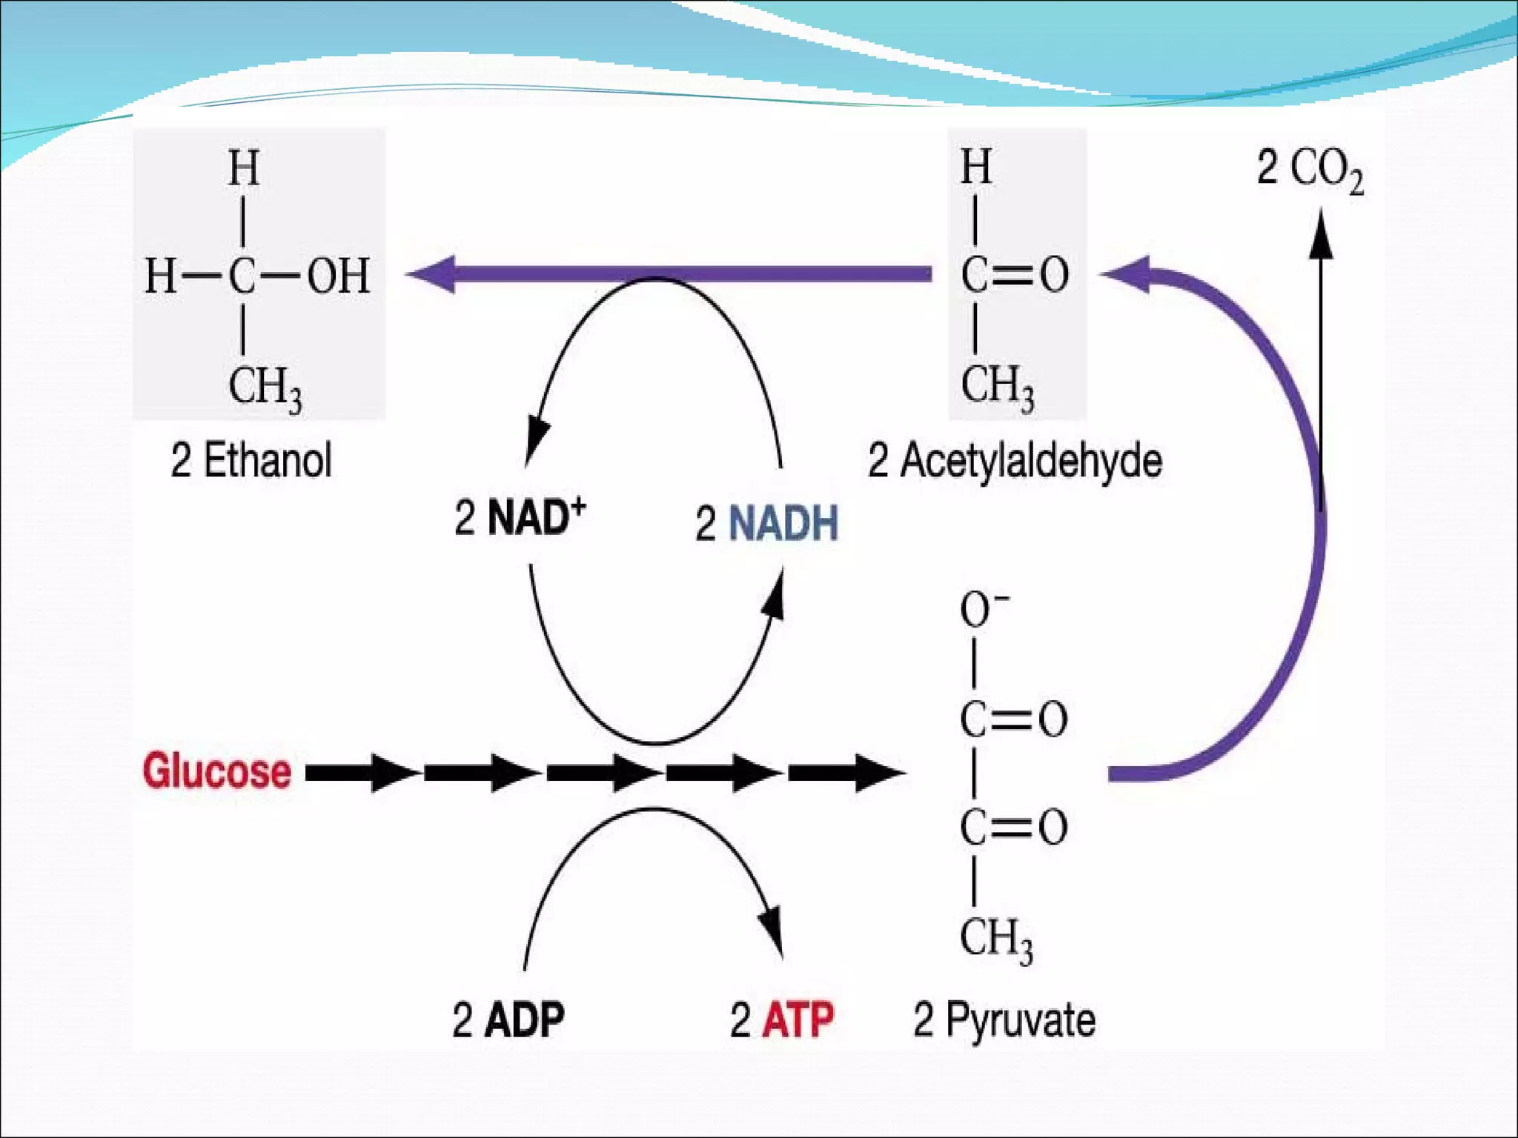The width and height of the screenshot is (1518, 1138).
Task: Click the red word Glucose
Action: [x=216, y=771]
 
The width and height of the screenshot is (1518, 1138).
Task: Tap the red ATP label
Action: [x=798, y=1020]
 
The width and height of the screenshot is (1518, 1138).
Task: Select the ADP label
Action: [x=524, y=1020]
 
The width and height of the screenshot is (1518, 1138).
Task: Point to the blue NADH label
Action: [x=783, y=523]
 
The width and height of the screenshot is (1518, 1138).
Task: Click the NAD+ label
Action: [x=536, y=516]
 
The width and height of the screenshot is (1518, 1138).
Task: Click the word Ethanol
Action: [x=268, y=460]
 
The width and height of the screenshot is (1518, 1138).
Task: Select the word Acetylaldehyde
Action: [x=1031, y=460]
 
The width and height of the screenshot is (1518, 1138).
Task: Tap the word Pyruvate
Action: [x=1020, y=1020]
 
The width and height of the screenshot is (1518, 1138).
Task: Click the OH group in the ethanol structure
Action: [x=339, y=276]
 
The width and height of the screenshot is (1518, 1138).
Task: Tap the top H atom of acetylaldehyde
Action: [x=975, y=167]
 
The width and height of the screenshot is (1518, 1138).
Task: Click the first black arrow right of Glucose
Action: [x=360, y=773]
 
